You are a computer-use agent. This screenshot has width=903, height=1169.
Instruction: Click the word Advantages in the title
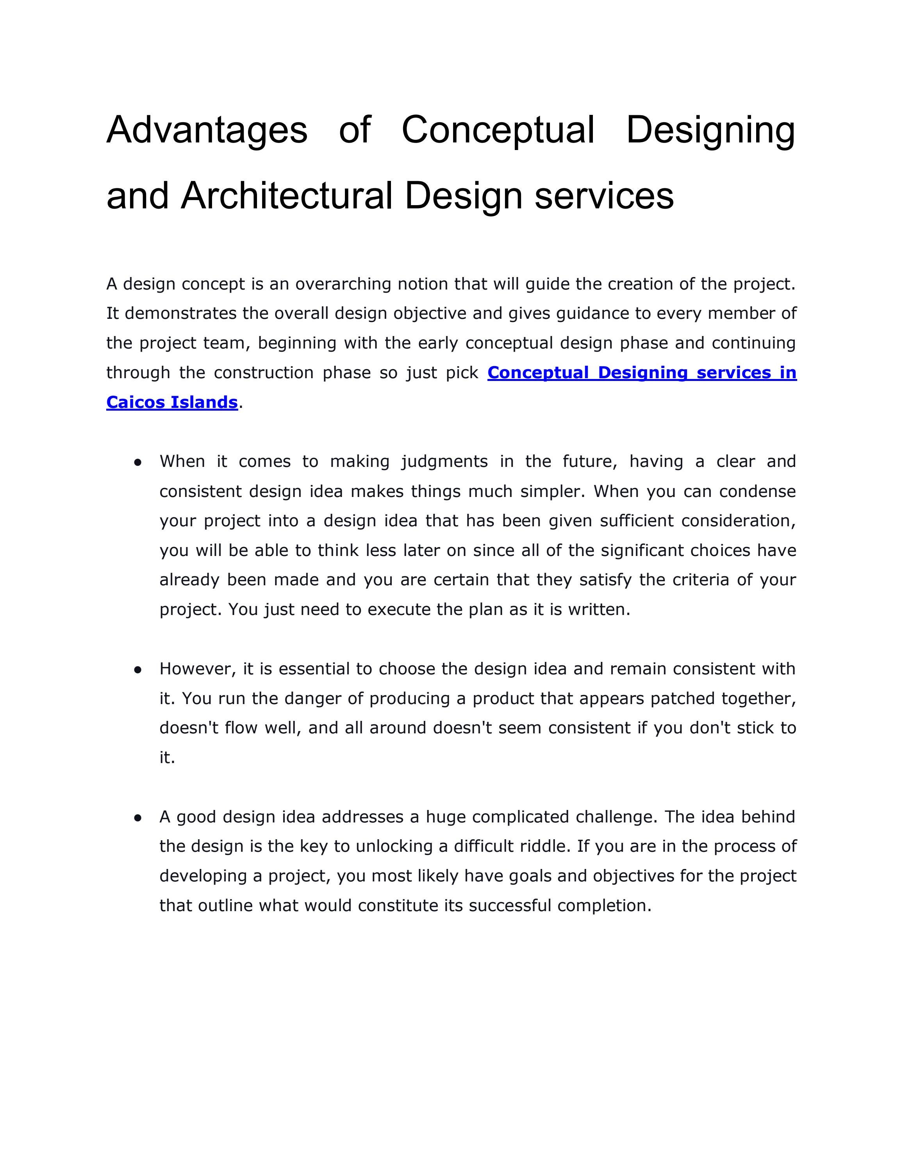tap(207, 130)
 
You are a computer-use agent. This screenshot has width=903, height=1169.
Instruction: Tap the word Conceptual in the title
tap(498, 130)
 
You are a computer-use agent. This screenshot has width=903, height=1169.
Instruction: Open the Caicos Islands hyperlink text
tap(172, 402)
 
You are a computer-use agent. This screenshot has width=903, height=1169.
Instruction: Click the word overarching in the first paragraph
tap(343, 284)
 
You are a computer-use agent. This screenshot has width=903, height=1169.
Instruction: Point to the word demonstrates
tap(180, 313)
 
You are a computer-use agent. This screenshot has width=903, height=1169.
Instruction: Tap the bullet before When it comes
tap(137, 462)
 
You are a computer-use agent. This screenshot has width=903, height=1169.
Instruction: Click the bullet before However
tap(137, 669)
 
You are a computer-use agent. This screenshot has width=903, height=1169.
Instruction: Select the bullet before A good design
tap(137, 817)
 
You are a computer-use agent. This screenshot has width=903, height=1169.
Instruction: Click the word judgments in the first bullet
tap(444, 461)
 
